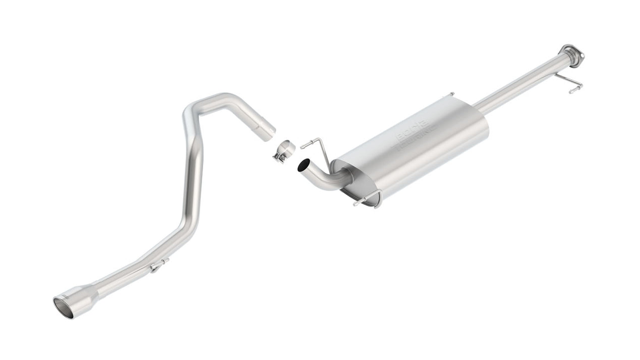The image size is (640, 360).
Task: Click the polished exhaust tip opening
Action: tap(63, 308)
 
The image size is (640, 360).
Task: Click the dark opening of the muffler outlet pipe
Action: tap(304, 165)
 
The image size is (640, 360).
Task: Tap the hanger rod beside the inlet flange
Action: tap(570, 84)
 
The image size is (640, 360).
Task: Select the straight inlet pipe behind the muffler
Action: tap(519, 83)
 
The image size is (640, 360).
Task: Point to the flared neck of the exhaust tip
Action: tap(91, 292)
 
